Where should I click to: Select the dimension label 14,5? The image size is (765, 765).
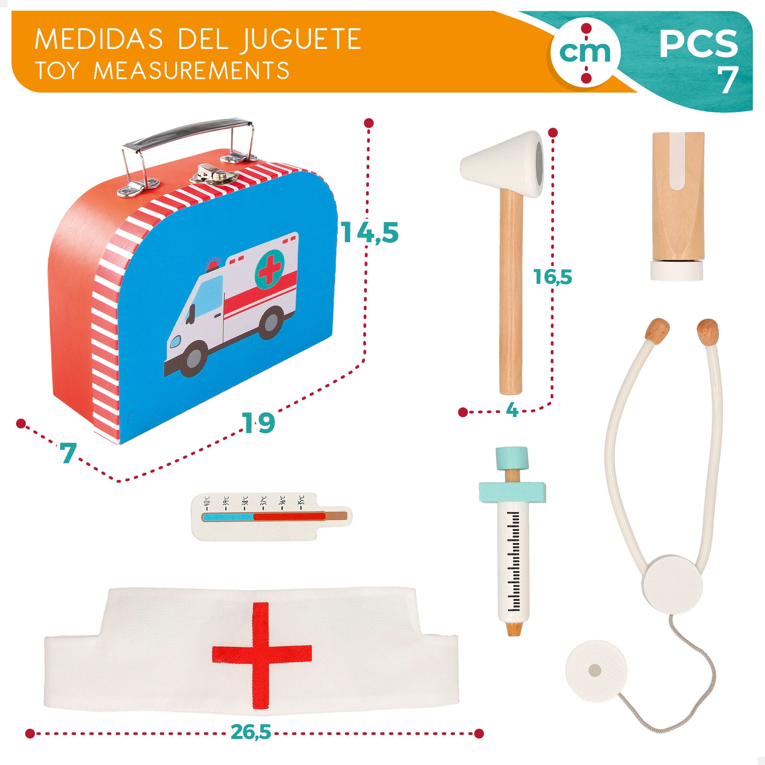pyautogui.click(x=369, y=233)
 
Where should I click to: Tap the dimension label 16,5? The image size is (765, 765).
pyautogui.click(x=553, y=276)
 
